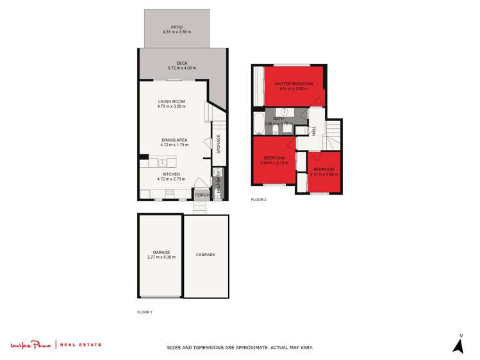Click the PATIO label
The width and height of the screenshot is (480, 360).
(177, 27)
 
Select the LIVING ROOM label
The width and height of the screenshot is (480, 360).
(171, 101)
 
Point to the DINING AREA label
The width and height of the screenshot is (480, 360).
(174, 140)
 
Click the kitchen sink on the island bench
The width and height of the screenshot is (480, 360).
(163, 163)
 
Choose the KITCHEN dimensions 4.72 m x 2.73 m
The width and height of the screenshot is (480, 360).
(171, 179)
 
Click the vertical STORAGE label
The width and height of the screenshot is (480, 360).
(219, 143)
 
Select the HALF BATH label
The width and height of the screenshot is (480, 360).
(219, 183)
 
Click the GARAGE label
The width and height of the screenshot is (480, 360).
(161, 252)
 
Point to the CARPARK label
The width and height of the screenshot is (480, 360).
(206, 255)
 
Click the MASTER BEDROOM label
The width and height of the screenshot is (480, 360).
(294, 84)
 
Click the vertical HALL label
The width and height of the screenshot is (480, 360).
(315, 130)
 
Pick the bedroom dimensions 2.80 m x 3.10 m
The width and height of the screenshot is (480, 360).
(274, 163)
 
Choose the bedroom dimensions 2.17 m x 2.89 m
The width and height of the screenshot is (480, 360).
(324, 174)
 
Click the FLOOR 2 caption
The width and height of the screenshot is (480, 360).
(258, 200)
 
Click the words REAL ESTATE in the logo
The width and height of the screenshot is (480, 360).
(81, 345)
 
